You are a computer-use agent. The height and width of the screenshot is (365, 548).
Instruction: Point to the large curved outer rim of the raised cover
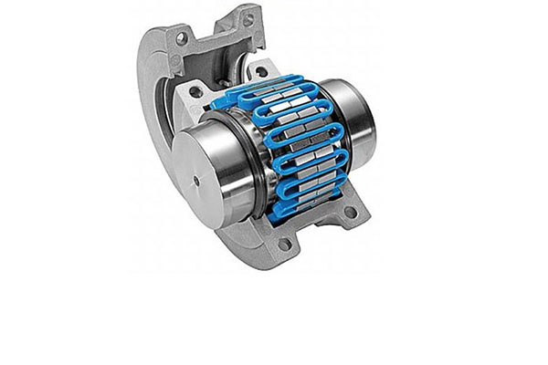[146, 109]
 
